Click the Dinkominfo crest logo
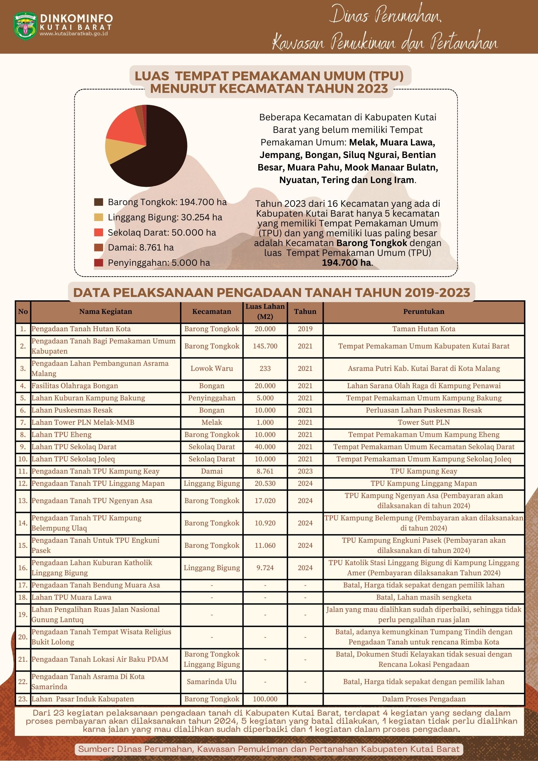[25, 26]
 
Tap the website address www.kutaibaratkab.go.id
[74, 34]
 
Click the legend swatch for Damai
[98, 247]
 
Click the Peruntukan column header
[423, 312]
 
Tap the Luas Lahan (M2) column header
[265, 312]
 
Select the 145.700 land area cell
[265, 346]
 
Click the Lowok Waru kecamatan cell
[212, 368]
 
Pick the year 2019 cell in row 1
[305, 329]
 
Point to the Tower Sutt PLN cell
[423, 422]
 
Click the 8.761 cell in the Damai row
[265, 471]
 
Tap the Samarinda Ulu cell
[212, 682]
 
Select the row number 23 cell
[23, 699]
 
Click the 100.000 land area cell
[265, 699]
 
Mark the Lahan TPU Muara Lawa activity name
[72, 597]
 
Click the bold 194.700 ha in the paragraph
[346, 263]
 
